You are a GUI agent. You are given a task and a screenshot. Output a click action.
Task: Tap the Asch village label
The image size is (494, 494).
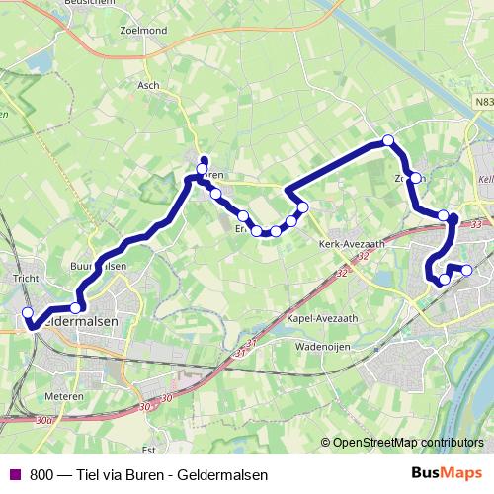pyautogui.click(x=148, y=85)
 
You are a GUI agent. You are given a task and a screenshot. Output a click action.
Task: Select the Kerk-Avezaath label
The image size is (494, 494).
pyautogui.click(x=350, y=243)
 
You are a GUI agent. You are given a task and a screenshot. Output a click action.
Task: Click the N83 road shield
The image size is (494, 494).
pyautogui.click(x=483, y=101)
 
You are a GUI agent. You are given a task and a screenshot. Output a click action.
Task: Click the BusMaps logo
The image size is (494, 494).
pyautogui.click(x=446, y=473)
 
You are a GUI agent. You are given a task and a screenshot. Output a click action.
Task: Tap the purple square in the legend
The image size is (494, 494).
pyautogui.click(x=15, y=474)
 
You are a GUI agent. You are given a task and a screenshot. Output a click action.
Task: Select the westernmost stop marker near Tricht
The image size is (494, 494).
pyautogui.click(x=27, y=314)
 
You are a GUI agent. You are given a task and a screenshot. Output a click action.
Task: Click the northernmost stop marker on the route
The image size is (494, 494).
pyautogui.click(x=388, y=140)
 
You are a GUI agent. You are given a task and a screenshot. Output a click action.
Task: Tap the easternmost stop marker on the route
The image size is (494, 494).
pyautogui.click(x=467, y=270)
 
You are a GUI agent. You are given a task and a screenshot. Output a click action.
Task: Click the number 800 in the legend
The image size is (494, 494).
pyautogui.click(x=41, y=474)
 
